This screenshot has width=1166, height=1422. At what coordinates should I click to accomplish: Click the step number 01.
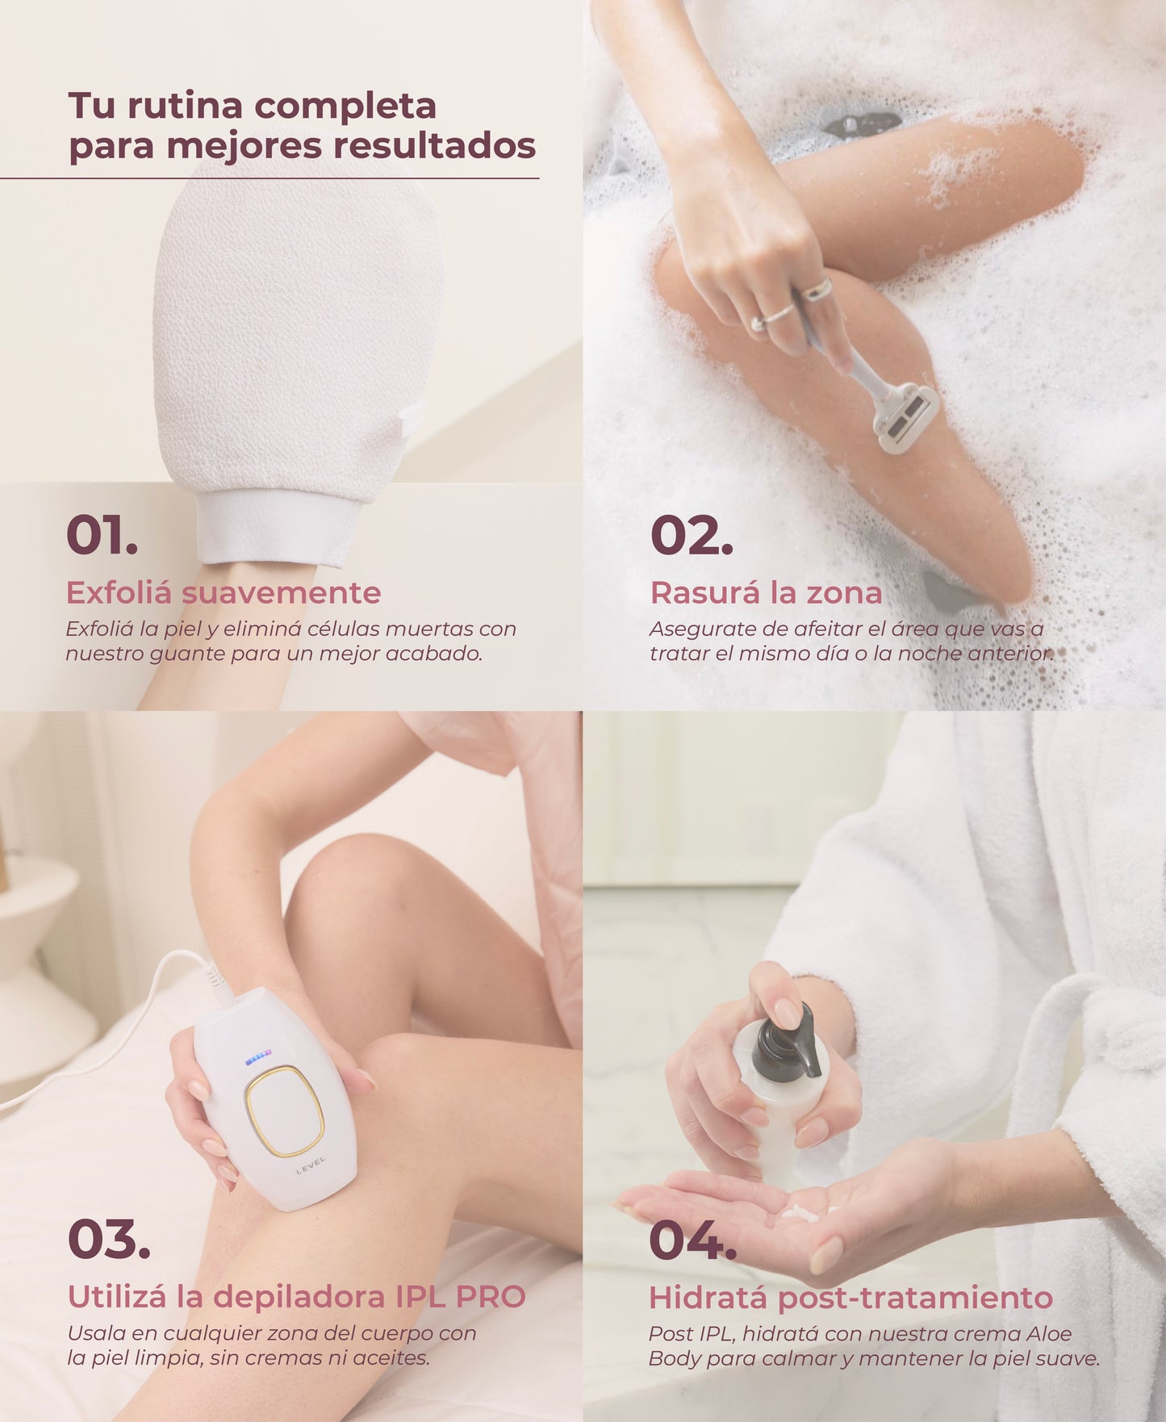[x=102, y=535]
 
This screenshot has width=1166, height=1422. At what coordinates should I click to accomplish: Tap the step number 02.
[x=692, y=535]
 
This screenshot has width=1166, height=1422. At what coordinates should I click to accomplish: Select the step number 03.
[x=109, y=1240]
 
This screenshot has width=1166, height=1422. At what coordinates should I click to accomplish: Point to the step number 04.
[x=692, y=1240]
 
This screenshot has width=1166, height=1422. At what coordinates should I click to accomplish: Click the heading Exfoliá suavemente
[x=224, y=592]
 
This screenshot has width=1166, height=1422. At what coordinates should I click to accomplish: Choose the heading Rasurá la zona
[x=766, y=592]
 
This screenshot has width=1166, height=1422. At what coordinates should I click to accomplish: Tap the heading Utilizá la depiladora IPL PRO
[x=296, y=1297]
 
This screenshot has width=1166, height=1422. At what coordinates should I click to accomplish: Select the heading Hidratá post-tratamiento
[x=850, y=1298]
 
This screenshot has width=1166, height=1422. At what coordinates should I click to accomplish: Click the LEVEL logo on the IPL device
[x=311, y=1165]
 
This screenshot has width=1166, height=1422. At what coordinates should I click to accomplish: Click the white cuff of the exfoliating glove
[x=277, y=526]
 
